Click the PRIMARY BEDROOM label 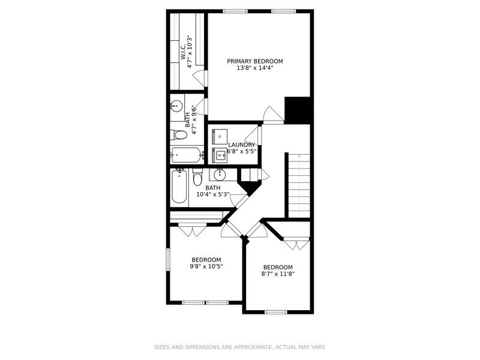(x=254, y=61)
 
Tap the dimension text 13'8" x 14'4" (x=254, y=68)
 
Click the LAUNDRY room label (x=242, y=145)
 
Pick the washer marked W (x=220, y=155)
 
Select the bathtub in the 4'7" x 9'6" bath (x=187, y=155)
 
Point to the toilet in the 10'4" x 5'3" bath (x=197, y=179)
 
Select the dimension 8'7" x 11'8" (x=278, y=274)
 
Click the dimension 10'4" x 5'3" (x=214, y=194)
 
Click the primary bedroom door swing (x=271, y=114)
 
